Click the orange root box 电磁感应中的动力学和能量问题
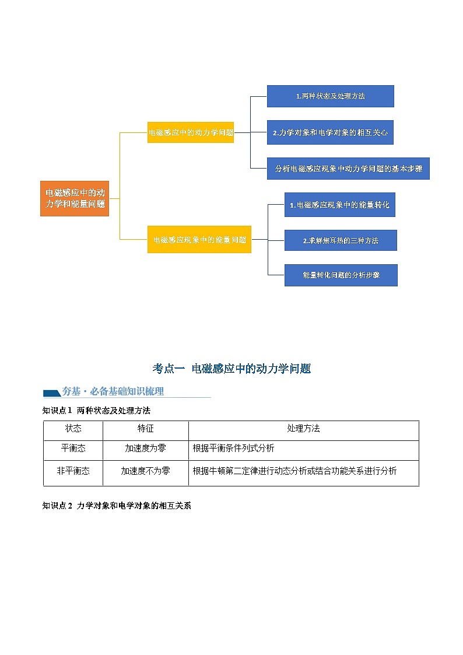(x=75, y=198)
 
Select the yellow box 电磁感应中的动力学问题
(x=191, y=132)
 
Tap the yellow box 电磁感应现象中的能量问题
(x=199, y=239)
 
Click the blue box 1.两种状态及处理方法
(x=330, y=96)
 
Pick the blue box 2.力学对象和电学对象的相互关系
(x=330, y=132)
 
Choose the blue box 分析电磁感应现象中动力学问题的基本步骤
(x=348, y=169)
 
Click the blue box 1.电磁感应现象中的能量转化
(x=339, y=205)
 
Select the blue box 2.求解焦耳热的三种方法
(x=341, y=240)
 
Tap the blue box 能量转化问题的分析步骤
(x=341, y=275)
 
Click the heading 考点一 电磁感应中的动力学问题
(x=232, y=369)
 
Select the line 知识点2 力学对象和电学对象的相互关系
(x=117, y=506)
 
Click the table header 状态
(x=73, y=429)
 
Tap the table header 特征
(x=146, y=429)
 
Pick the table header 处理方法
(x=303, y=429)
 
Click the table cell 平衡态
(x=73, y=449)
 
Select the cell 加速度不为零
(x=146, y=471)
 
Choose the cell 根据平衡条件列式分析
(x=233, y=449)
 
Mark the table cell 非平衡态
(x=73, y=471)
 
